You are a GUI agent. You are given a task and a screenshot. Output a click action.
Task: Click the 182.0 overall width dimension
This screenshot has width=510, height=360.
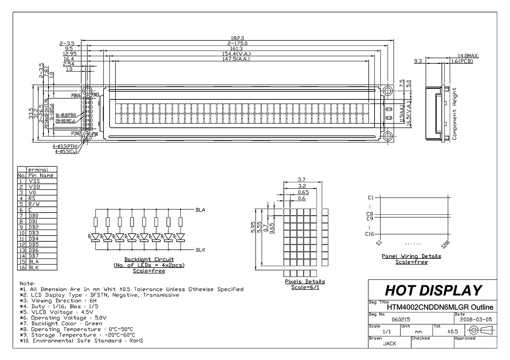pos(238,38)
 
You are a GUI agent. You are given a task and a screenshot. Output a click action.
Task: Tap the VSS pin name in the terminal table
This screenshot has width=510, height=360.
pos(34,181)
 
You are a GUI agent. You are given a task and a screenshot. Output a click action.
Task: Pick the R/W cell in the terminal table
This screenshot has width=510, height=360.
pos(34,204)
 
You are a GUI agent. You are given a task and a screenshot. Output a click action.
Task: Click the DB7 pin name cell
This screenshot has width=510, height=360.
pos(34,256)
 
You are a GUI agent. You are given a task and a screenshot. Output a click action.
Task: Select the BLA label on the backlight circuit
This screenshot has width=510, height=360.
pos(200,210)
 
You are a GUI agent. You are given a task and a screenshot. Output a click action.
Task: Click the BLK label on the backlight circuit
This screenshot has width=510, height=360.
pos(200,250)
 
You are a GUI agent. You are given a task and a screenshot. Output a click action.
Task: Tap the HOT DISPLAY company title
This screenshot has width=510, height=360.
pos(433,290)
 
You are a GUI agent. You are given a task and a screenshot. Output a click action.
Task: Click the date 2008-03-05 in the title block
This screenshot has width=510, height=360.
pos(475,320)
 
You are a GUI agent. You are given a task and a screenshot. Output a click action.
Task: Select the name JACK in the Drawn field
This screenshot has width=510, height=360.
pos(389,343)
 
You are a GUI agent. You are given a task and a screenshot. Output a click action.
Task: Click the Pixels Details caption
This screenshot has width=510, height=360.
pos(305,281)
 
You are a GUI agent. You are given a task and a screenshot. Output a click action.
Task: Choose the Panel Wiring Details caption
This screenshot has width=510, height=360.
pos(411,256)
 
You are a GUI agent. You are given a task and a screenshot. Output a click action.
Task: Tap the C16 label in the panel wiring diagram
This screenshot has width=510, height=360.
pos(369,234)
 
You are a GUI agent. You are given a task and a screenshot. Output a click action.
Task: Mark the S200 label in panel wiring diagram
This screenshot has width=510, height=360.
pos(445,244)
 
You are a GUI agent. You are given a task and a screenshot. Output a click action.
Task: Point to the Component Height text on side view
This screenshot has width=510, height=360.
pos(454,114)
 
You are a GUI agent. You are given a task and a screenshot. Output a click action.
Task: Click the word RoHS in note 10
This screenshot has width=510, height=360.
pos(136,341)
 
